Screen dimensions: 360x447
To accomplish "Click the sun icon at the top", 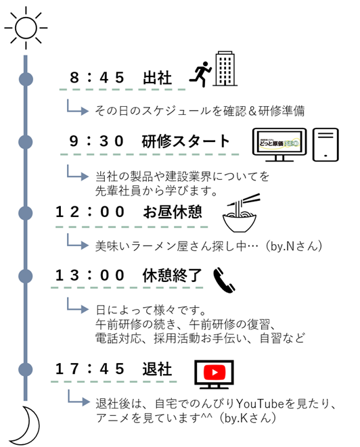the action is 26,28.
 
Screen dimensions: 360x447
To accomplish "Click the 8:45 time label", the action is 97,78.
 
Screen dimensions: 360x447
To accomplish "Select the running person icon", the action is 200,74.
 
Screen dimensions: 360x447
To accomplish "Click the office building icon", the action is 225,69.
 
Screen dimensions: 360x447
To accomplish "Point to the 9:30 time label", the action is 96,141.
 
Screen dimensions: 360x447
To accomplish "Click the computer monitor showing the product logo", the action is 279,145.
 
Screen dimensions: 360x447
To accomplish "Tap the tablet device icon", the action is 325,145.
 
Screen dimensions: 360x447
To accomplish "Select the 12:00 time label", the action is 90,212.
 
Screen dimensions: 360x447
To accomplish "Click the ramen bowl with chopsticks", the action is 240,213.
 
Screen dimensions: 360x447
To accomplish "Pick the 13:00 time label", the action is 90,275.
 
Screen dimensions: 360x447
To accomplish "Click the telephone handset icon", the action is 224,281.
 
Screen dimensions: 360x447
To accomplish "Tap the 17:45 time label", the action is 90,369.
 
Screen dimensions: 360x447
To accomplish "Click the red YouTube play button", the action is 215,373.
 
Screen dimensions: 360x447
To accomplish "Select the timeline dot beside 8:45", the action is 26,79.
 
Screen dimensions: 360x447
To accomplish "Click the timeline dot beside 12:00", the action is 26,213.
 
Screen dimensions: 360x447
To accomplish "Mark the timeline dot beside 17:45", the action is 26,369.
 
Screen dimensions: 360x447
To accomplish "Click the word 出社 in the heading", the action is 157,78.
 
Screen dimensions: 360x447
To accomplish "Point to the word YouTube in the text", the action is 260,404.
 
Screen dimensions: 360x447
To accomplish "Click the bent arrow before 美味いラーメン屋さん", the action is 77,242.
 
